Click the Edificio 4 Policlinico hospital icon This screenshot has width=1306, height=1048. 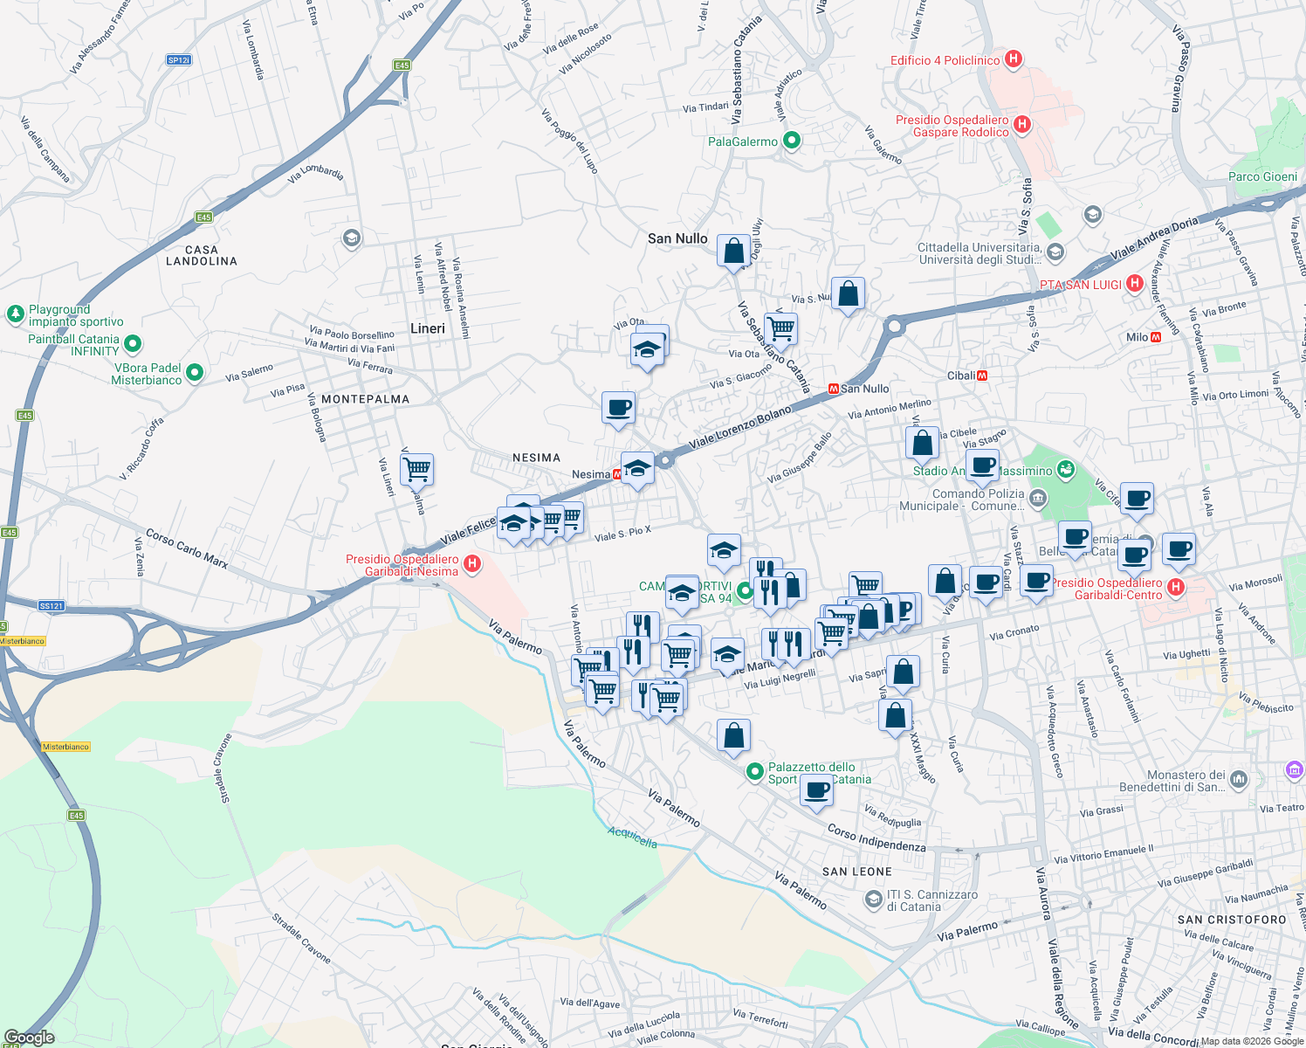(x=1014, y=59)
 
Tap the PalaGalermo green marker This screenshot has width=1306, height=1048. (x=792, y=141)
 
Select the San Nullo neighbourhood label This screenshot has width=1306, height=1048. (x=677, y=238)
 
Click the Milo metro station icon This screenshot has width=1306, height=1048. (x=1156, y=337)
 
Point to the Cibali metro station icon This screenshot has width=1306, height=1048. (x=982, y=376)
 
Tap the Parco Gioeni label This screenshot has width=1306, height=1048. (x=1262, y=176)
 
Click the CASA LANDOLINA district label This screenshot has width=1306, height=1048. (x=202, y=255)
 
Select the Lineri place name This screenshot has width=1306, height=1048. (x=428, y=328)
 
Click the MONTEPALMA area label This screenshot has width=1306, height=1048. (x=365, y=399)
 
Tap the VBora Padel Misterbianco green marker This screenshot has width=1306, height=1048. (x=195, y=373)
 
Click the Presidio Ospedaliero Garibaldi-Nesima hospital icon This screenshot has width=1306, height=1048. (x=472, y=564)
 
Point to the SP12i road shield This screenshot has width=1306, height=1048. (x=178, y=60)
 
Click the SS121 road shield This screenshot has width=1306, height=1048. (x=52, y=605)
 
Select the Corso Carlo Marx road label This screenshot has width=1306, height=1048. (x=187, y=548)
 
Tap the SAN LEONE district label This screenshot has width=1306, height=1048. (x=857, y=872)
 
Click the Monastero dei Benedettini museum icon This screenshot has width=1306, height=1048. (x=1238, y=778)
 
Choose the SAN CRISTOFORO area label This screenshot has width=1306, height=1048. (x=1232, y=920)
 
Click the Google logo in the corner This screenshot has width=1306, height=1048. (x=29, y=1038)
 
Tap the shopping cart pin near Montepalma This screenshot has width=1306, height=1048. (x=417, y=469)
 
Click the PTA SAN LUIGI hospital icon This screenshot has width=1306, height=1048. (x=1134, y=283)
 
